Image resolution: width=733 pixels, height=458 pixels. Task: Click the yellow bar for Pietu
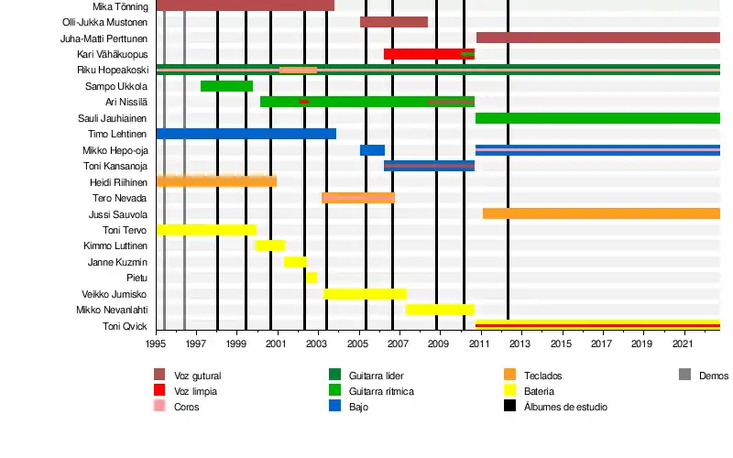click(x=312, y=278)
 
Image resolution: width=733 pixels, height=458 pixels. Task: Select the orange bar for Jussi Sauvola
click(x=601, y=213)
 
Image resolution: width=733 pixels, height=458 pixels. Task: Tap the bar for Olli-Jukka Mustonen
click(x=394, y=22)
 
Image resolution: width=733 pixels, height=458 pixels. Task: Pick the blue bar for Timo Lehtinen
click(x=246, y=134)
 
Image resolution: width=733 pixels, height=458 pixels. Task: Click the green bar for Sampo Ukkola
click(x=226, y=86)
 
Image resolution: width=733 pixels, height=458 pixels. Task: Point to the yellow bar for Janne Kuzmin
click(x=295, y=262)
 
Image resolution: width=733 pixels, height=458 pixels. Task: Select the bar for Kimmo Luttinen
click(x=269, y=245)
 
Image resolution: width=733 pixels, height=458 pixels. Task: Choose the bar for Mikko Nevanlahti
click(x=440, y=310)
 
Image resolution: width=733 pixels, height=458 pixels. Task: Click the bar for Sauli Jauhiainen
click(x=597, y=118)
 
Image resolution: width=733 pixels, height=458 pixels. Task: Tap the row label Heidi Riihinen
click(x=118, y=182)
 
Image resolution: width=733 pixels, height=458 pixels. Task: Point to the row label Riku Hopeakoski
click(x=113, y=70)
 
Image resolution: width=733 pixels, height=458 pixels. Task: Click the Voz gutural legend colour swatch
click(x=159, y=376)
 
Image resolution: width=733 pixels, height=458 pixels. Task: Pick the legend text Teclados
click(x=542, y=376)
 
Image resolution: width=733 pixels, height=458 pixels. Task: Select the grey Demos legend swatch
click(x=684, y=375)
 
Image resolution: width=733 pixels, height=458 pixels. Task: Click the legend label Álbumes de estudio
click(x=564, y=407)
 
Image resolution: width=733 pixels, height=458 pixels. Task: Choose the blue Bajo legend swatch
click(x=334, y=407)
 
